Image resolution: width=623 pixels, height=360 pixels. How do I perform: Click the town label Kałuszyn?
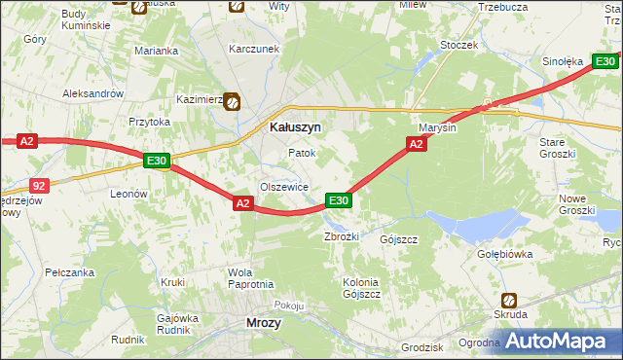pos(295,126)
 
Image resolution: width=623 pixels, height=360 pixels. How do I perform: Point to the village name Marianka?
pos(156,51)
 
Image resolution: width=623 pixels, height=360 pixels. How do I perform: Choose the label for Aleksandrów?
pos(92,93)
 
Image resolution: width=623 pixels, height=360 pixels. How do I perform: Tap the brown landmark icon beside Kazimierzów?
pos(234,100)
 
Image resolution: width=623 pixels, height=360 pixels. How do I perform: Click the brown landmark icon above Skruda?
pos(509,301)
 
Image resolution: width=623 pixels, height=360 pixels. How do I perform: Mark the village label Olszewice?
pos(284,187)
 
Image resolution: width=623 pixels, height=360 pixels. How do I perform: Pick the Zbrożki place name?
pos(342,237)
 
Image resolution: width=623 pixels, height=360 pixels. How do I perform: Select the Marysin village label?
pos(437,128)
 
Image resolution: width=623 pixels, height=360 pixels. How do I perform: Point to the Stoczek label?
pos(458,45)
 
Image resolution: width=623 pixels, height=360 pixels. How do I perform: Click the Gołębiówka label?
pos(531,254)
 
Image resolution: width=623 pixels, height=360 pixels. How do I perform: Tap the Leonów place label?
pos(128,194)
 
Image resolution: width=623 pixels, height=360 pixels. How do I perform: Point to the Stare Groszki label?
pos(558,148)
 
